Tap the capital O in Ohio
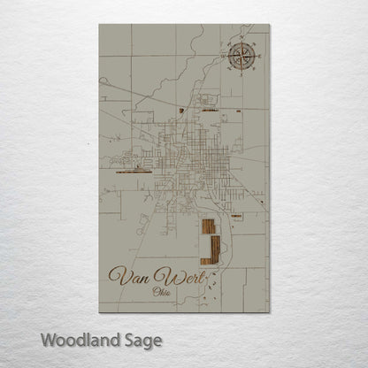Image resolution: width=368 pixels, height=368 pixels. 156,293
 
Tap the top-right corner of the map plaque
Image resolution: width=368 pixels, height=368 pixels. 271,25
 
